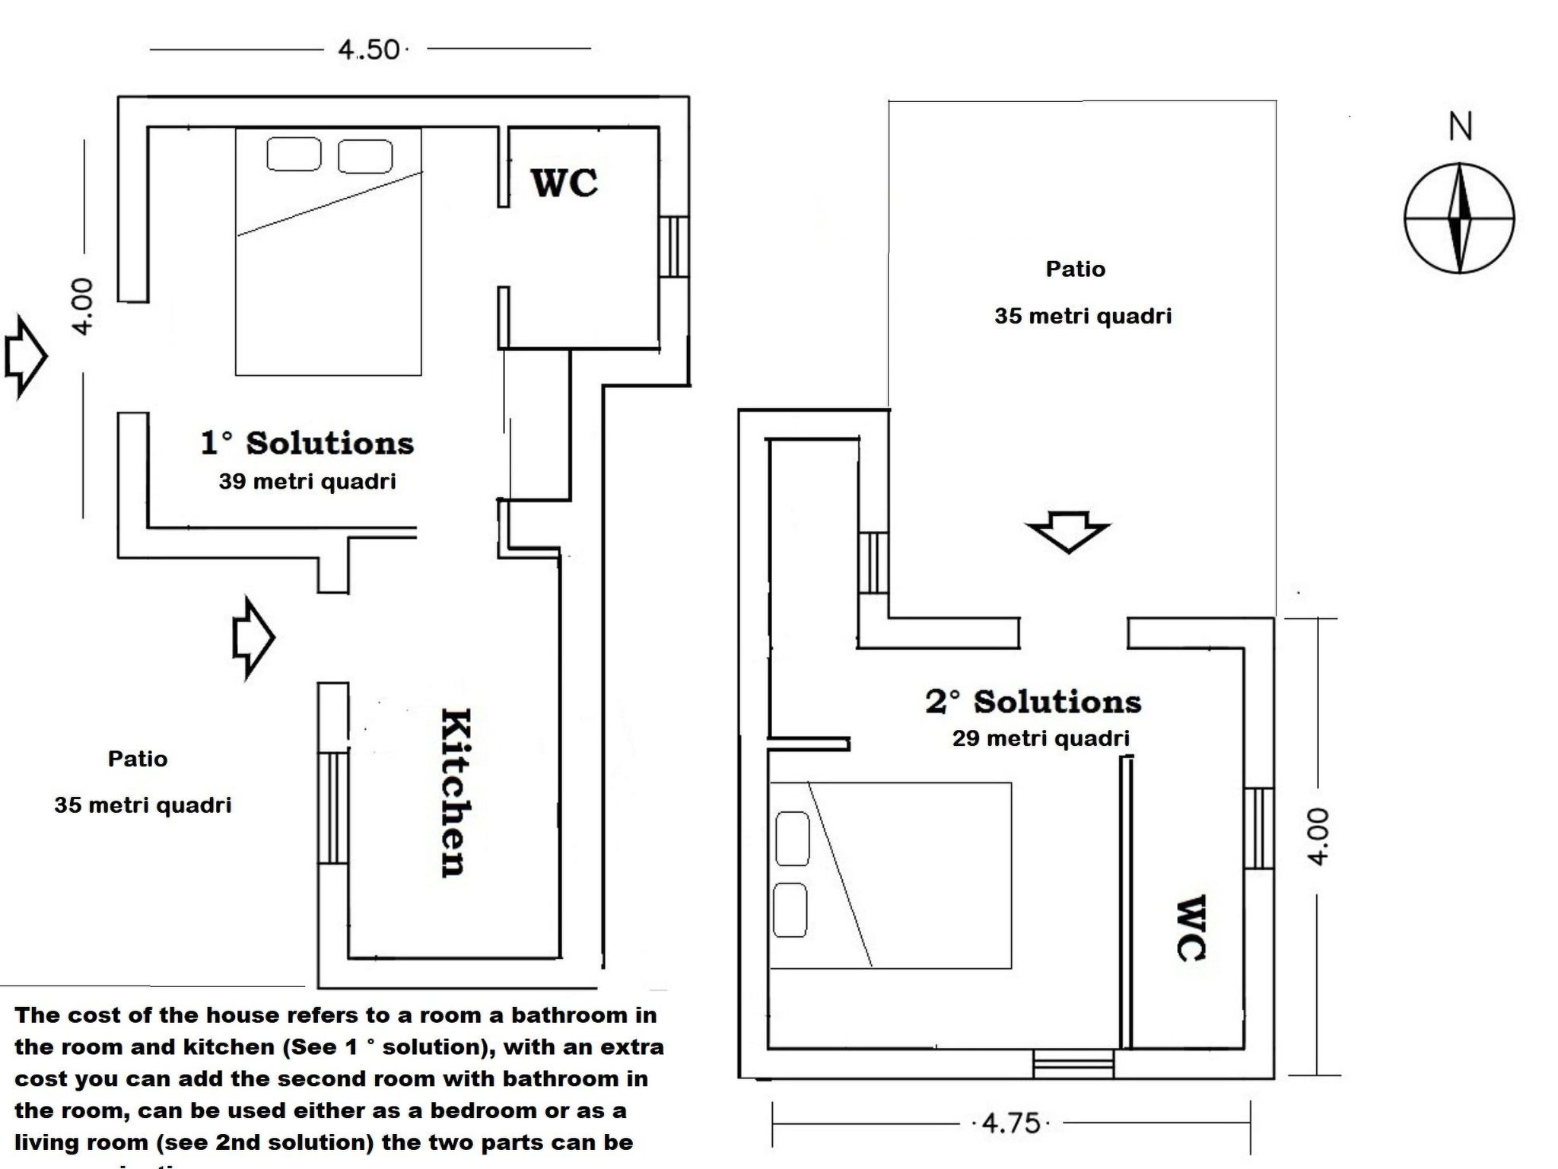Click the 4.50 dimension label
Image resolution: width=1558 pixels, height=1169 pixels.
click(370, 50)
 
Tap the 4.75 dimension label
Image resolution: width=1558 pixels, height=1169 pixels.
click(1011, 1123)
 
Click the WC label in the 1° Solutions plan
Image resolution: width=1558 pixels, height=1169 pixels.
click(564, 183)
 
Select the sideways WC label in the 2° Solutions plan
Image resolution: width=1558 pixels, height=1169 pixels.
click(1191, 929)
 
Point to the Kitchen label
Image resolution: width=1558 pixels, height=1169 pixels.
click(455, 792)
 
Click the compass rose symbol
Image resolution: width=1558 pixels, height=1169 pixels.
click(1458, 218)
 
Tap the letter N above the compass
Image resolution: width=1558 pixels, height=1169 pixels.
click(1460, 127)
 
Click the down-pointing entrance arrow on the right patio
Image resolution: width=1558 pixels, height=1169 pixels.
click(1068, 530)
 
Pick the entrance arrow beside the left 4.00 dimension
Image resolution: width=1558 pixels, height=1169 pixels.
click(25, 356)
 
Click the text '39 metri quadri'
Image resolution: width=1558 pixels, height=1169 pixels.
click(307, 482)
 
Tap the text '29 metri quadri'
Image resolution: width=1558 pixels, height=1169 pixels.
click(1041, 738)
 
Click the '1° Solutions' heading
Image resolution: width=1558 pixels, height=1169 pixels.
click(307, 443)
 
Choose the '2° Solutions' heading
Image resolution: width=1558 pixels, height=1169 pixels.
click(1033, 702)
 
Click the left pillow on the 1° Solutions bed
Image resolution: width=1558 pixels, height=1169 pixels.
click(294, 154)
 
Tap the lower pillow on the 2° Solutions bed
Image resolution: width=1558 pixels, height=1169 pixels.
click(790, 910)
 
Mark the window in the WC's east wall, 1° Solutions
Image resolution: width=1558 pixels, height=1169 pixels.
click(673, 247)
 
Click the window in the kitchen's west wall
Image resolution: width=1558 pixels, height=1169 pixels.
click(332, 807)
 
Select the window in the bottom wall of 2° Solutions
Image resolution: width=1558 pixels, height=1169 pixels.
click(1073, 1063)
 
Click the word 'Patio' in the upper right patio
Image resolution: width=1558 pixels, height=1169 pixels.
click(1075, 269)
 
